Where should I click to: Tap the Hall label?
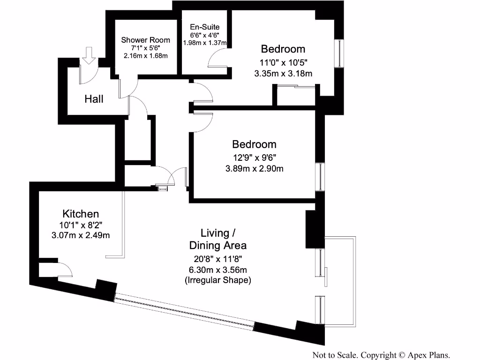tap(94, 99)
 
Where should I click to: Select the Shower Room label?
tap(145, 40)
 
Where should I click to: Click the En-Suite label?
tap(204, 27)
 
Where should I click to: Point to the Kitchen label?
tap(81, 214)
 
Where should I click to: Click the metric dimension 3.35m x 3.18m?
tap(283, 73)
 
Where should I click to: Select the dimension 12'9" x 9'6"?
tap(254, 157)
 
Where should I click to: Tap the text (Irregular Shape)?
tap(217, 280)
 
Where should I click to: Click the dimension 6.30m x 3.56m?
tap(217, 269)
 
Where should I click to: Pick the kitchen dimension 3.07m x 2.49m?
tap(81, 235)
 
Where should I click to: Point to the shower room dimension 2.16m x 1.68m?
tap(145, 55)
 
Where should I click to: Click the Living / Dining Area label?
tap(217, 239)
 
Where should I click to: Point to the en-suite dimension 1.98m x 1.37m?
tap(204, 43)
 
